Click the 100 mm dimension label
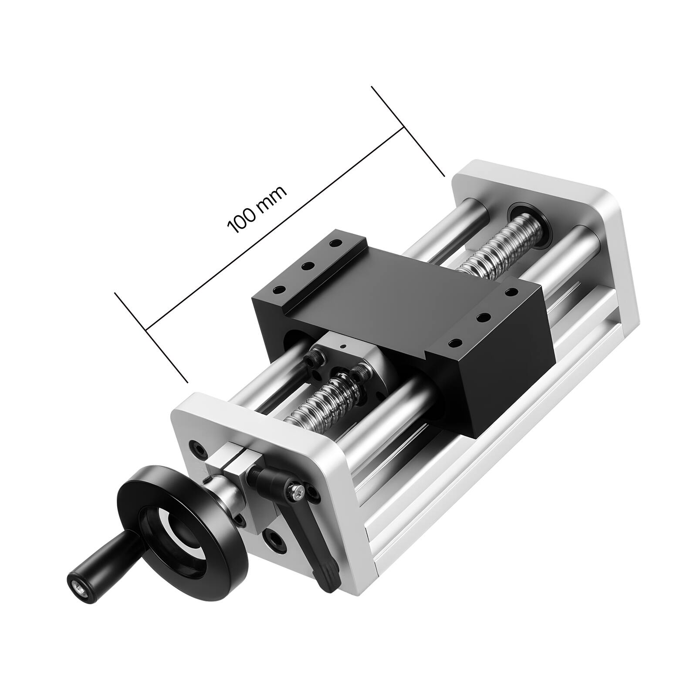[x=257, y=210]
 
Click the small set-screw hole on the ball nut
[x=343, y=346]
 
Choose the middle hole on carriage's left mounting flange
[x=308, y=265]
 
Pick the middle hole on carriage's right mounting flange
[x=481, y=317]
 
